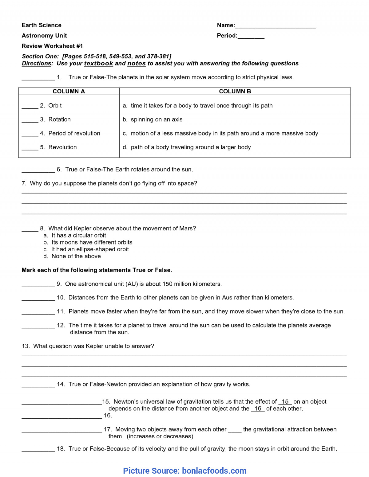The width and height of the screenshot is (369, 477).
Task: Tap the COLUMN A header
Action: point(69,91)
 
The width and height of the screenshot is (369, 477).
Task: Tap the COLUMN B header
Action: point(235,91)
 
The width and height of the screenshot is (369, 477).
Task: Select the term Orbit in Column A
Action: point(55,105)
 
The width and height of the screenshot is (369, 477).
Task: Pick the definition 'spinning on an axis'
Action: point(157,119)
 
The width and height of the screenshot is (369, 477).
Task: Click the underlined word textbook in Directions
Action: point(98,63)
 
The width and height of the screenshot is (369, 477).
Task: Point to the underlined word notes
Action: point(136,63)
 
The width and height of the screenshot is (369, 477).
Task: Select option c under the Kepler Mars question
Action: point(90,249)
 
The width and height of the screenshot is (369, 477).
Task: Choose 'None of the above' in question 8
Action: point(76,256)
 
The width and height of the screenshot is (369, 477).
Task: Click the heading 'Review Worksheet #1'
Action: point(52,46)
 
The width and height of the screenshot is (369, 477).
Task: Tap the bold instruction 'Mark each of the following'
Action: point(97,270)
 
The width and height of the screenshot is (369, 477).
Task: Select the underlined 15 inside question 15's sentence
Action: point(285,401)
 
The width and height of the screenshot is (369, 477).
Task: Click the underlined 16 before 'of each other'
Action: point(258,409)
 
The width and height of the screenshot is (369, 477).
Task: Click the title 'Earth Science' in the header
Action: point(42,25)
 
